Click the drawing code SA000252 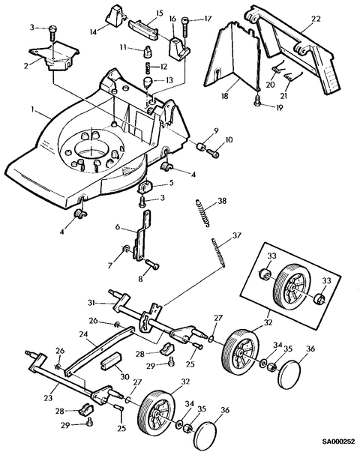338,442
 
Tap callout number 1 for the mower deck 33,109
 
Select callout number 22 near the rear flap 316,19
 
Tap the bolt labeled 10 214,151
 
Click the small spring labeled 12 148,67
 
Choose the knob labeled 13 148,82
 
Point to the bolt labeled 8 151,264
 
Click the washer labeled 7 126,248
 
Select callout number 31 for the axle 91,303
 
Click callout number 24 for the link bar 83,335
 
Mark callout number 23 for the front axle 49,397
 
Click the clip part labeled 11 147,52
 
